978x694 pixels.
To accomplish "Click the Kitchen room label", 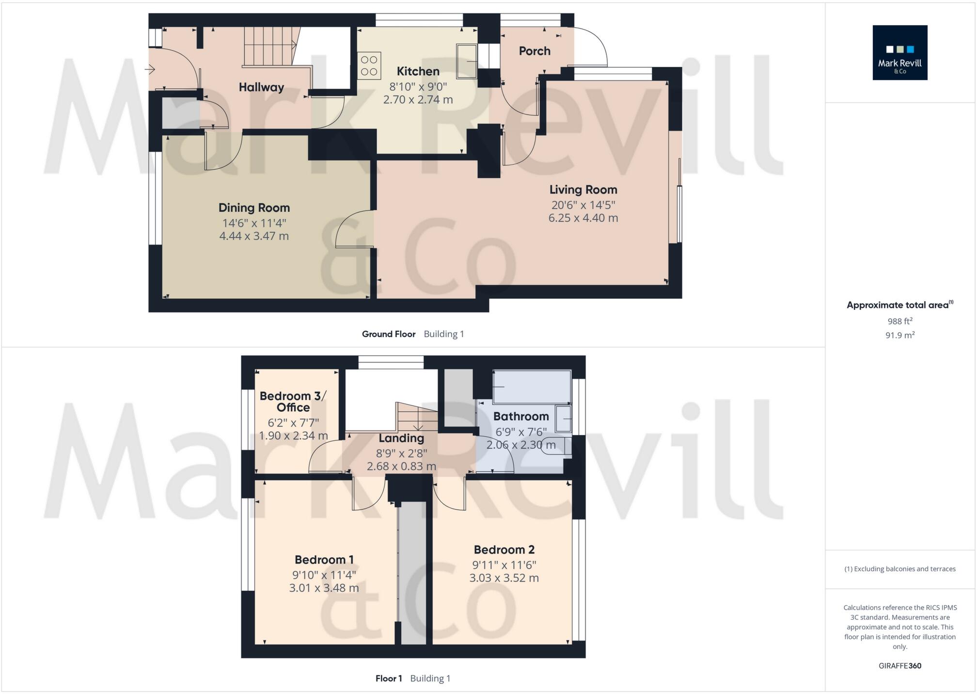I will click(418, 71).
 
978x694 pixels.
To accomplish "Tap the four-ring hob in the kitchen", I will click(369, 66).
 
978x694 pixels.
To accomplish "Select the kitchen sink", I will click(467, 61).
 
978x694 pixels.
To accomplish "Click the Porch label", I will click(535, 51).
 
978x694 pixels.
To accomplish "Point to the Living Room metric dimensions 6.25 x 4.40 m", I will click(583, 218).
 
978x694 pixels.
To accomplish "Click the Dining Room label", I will click(254, 208).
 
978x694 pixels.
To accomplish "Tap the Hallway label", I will click(261, 87).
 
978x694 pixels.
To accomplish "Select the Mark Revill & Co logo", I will click(899, 52).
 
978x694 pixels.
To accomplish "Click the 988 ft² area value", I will click(899, 321).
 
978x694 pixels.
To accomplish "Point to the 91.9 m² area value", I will click(899, 335).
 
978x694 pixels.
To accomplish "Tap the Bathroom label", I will click(521, 416).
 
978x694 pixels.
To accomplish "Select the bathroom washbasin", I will click(563, 419).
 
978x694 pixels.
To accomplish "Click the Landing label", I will click(401, 438).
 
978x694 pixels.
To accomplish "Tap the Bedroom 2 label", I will click(504, 549).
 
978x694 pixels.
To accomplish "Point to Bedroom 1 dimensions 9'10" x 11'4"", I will click(324, 575).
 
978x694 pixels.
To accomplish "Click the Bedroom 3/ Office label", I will click(293, 402).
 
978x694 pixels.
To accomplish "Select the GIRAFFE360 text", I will click(899, 666).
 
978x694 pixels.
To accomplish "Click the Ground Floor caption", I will click(388, 334).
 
